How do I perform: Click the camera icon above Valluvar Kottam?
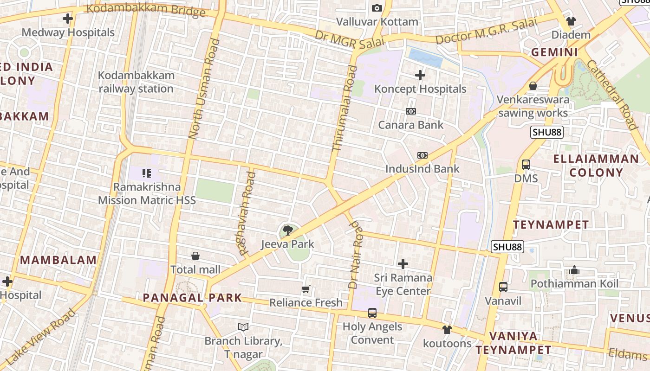(x=377, y=8)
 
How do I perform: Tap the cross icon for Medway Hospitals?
(x=68, y=19)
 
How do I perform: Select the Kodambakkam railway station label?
(x=136, y=82)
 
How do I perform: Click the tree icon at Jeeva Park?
(x=288, y=230)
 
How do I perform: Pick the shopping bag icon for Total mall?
(x=195, y=256)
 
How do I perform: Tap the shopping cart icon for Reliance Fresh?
(x=305, y=289)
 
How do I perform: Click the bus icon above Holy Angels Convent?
(x=372, y=313)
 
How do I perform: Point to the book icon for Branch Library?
(x=243, y=327)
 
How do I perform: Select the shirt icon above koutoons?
(x=447, y=330)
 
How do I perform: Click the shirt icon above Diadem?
(x=571, y=21)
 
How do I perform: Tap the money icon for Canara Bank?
(x=411, y=111)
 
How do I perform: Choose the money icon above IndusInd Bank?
(x=422, y=155)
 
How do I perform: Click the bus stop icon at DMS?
(x=526, y=165)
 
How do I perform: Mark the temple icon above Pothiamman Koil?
(x=574, y=270)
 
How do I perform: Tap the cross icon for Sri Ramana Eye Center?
(x=403, y=264)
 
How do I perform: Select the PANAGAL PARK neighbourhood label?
(x=192, y=298)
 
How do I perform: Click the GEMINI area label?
(x=554, y=52)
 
